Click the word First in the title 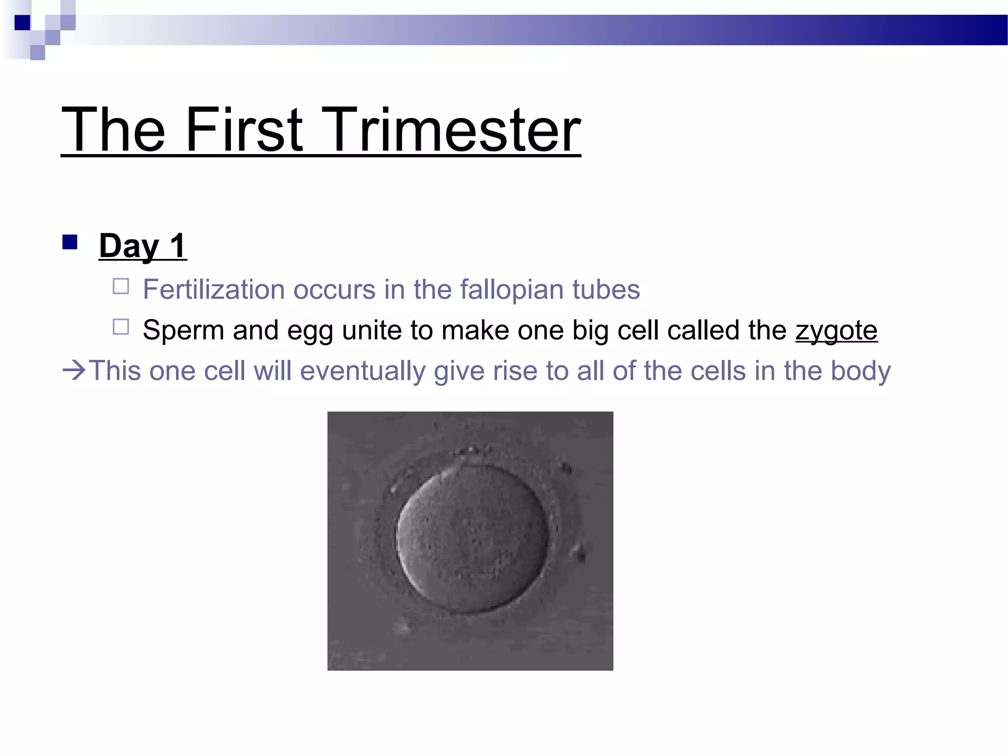(x=244, y=130)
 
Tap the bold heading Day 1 (x=142, y=246)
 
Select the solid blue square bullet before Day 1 (x=70, y=242)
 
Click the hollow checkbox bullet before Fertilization (x=121, y=286)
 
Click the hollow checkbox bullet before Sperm (x=121, y=327)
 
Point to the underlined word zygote (x=836, y=331)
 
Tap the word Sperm (x=183, y=331)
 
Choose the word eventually (x=363, y=372)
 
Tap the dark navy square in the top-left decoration (x=22, y=23)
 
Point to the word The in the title (x=113, y=130)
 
